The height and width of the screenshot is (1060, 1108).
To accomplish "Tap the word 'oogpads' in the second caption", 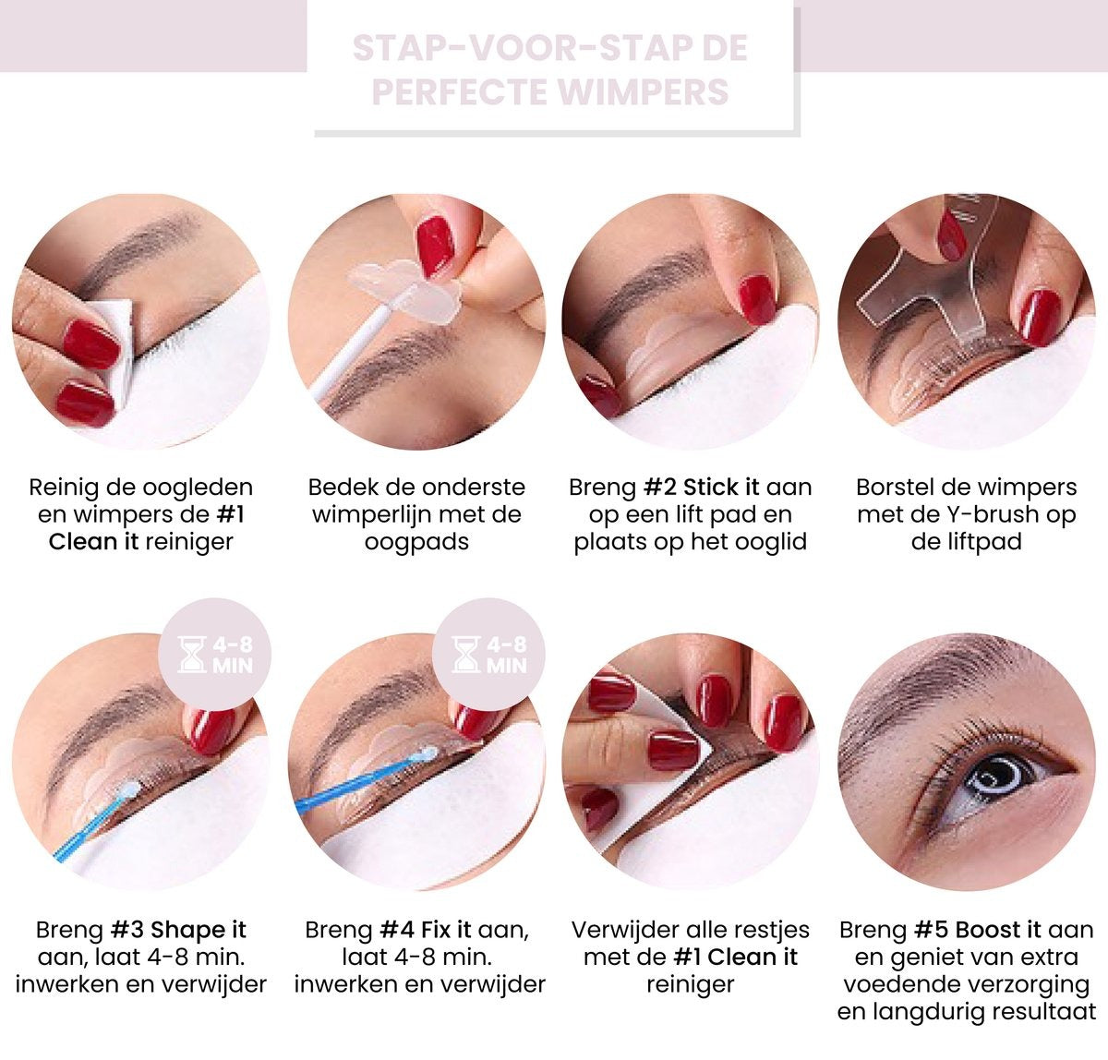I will coord(416,541).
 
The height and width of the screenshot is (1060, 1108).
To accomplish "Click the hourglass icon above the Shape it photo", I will coord(192,654).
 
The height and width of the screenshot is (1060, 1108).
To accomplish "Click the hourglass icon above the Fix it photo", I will coord(466,654).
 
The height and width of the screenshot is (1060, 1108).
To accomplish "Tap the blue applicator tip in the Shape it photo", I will coord(129,790).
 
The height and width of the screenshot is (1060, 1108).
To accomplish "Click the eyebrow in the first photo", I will coord(138,245).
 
